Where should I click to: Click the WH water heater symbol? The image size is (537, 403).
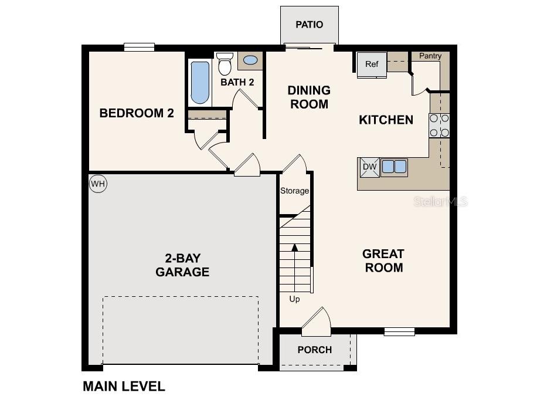pos(98,184)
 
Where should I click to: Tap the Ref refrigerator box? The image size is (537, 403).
pos(372,65)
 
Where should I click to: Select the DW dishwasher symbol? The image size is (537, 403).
pos(369,167)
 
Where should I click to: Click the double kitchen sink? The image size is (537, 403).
pos(394,167)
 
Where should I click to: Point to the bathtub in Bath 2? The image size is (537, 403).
pos(200,83)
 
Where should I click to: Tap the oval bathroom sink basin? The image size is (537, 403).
pos(250,60)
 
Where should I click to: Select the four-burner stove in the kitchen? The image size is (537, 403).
pos(440,125)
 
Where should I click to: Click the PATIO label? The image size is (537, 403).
pos(309,25)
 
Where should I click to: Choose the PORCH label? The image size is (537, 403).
pos(315,350)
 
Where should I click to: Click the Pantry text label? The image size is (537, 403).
pos(430,56)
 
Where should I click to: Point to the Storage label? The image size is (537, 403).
pos(294,191)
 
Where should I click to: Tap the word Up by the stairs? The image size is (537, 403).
pos(294,299)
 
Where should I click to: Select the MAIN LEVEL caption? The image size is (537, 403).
pos(124,387)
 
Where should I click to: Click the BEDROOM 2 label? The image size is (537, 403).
pos(137,113)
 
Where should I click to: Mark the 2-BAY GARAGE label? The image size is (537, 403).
pos(182,265)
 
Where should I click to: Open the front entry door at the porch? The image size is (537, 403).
pos(317,321)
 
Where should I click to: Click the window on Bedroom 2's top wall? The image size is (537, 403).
pos(139,47)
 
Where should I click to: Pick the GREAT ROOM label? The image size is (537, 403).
pos(383,261)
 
